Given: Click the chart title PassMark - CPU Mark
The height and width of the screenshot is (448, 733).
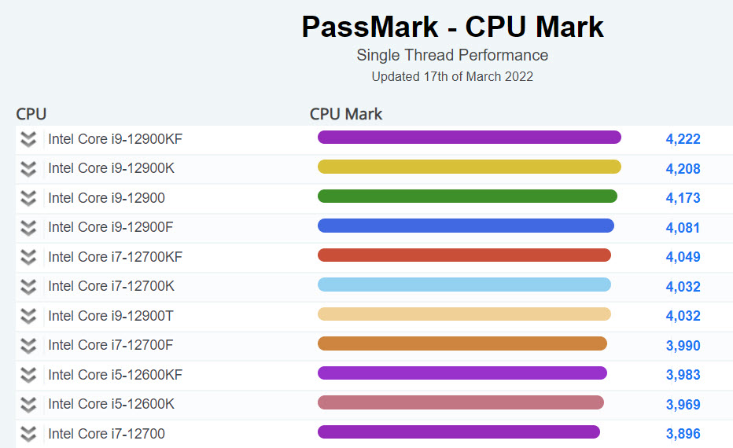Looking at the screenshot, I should pos(452,27).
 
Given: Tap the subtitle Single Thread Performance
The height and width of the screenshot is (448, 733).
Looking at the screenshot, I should pos(452,55).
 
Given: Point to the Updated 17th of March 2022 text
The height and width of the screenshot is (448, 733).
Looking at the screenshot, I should pos(452,76).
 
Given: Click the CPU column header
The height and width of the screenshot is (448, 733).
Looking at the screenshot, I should pos(31,114).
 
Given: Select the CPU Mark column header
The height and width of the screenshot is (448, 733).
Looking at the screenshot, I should pos(346,114).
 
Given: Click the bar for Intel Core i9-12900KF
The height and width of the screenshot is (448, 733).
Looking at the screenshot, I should pos(469,138).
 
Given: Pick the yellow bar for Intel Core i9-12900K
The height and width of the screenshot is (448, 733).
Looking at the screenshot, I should pos(469,167).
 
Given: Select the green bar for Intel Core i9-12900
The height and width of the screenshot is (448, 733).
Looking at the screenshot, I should pos(467,196).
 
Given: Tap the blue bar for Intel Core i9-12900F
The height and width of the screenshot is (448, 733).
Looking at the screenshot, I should pos(466,226).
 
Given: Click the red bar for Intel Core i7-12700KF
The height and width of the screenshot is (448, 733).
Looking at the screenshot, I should pos(464,255).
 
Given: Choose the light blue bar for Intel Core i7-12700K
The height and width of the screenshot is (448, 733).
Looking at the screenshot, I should pos(464,285).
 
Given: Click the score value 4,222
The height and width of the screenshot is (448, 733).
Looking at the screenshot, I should pos(683,139).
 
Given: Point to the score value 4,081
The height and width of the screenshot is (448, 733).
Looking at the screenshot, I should pos(683,228).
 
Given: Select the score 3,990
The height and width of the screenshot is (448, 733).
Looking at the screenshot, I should pos(683,346).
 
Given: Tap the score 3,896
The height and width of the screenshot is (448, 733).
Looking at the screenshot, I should pos(683,434).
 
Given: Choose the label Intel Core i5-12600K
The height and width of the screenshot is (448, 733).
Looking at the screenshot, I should pos(111,404).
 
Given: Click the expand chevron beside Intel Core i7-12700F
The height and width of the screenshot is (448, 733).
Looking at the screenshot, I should pos(28,345).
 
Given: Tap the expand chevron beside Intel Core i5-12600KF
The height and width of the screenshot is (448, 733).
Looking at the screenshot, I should pos(28,375).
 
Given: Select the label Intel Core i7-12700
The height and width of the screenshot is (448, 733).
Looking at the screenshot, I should pos(106,433).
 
